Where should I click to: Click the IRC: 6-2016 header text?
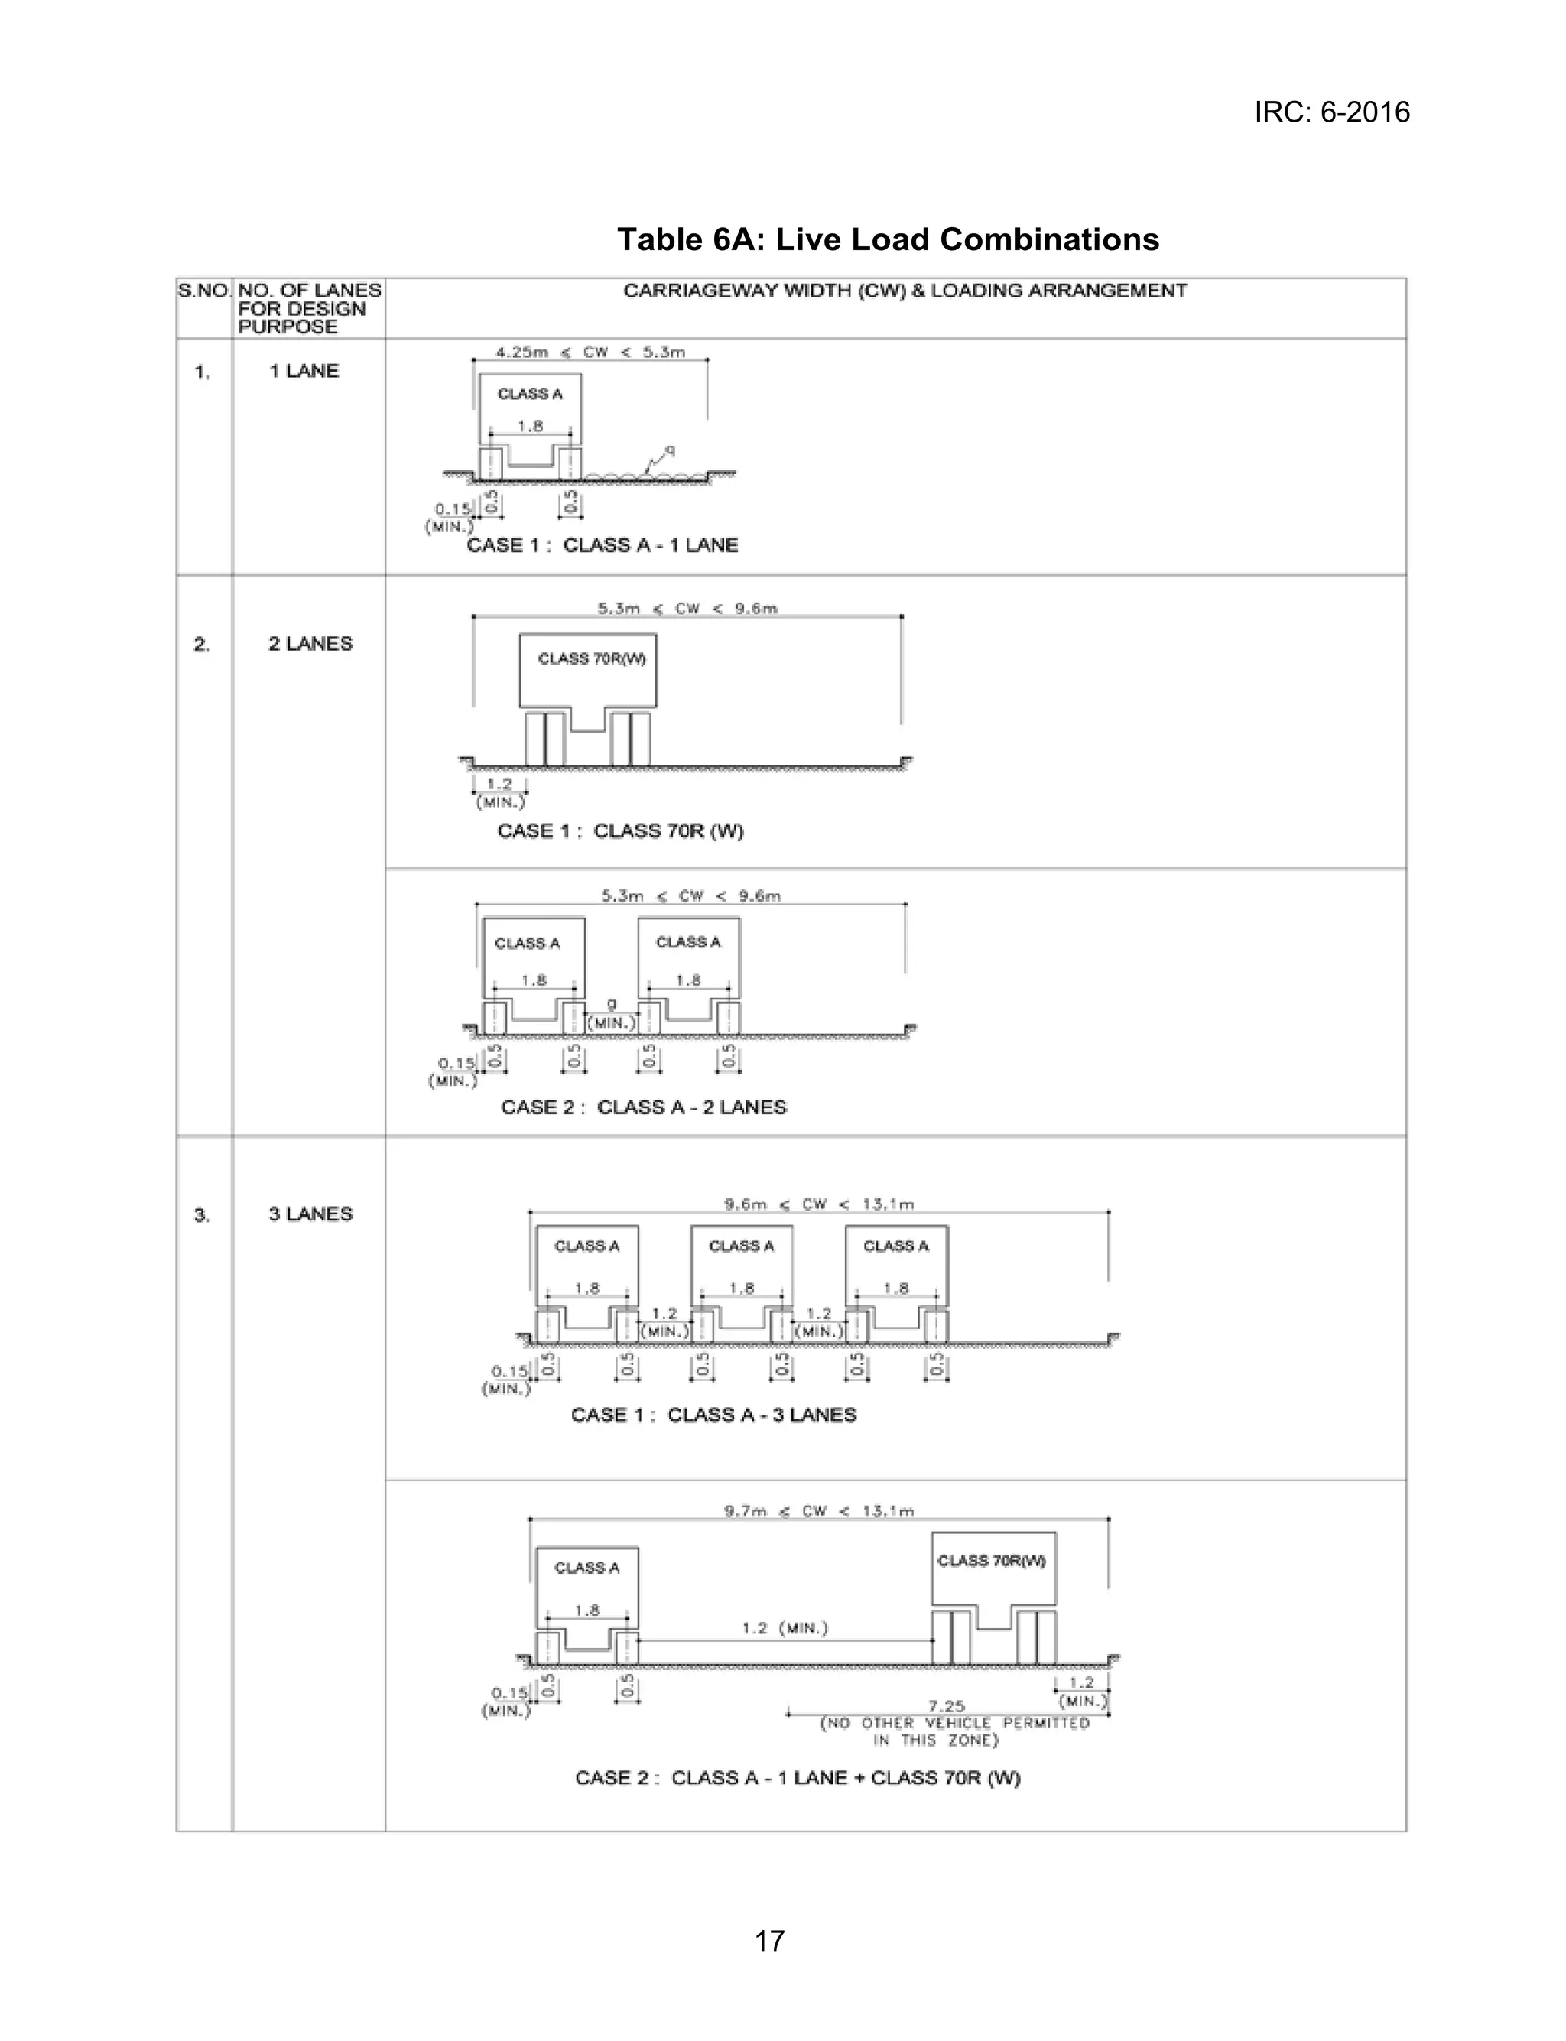1330,112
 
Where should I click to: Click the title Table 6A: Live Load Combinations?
888,239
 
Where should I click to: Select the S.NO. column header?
203,291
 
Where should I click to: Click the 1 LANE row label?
304,371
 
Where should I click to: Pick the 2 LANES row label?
310,644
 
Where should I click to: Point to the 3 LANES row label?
310,1214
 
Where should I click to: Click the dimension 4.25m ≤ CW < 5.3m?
590,353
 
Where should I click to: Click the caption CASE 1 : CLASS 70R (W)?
620,830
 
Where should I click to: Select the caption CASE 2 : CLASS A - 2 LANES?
643,1107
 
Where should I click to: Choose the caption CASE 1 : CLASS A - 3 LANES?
713,1415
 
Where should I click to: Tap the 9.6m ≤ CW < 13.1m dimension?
818,1204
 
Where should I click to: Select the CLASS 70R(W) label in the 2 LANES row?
592,659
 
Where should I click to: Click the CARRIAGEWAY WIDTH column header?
904,291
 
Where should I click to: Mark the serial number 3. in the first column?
201,1215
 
